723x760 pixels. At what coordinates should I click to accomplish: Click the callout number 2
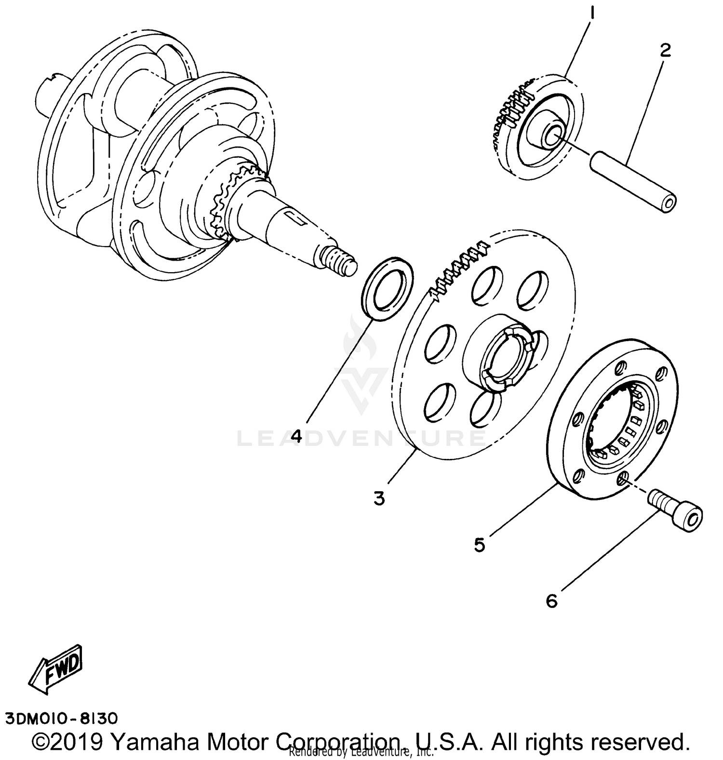665,50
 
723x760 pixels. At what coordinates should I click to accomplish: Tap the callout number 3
379,498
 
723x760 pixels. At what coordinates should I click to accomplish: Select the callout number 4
296,436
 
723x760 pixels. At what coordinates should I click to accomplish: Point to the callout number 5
479,545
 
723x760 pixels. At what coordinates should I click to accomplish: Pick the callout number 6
551,601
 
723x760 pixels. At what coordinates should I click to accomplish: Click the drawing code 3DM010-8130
61,719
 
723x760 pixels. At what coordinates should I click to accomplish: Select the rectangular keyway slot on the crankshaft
294,218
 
